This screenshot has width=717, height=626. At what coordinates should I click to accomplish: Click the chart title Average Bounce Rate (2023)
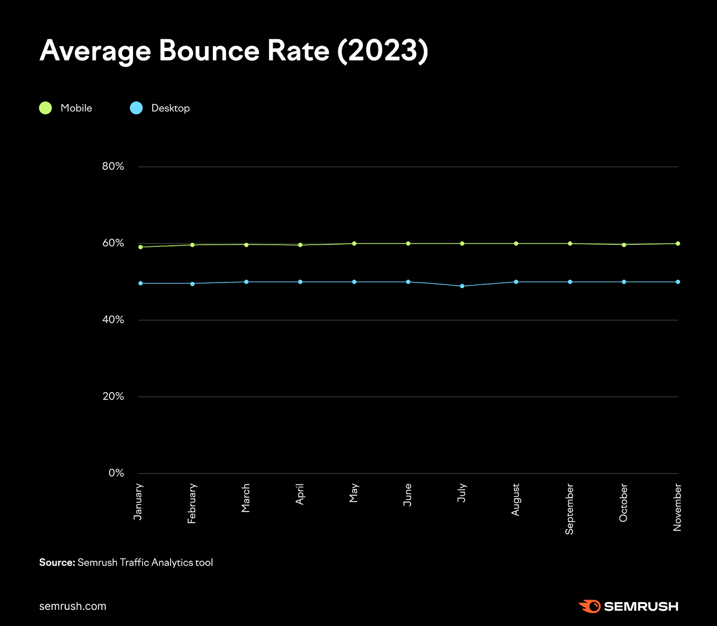tap(233, 51)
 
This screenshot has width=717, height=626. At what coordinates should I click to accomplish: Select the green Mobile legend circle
tap(45, 108)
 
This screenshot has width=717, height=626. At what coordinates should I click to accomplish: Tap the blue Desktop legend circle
tap(136, 108)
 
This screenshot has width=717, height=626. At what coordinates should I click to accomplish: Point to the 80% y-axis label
tap(113, 166)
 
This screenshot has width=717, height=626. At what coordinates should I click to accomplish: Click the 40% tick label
tap(113, 319)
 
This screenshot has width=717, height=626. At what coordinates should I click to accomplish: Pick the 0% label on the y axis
tap(116, 473)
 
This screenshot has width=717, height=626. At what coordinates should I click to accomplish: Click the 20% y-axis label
tap(113, 396)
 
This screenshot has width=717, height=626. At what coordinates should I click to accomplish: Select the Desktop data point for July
tap(462, 286)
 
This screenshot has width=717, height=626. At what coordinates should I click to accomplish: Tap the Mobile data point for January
tap(141, 247)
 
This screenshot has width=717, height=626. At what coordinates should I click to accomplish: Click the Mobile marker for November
tap(678, 243)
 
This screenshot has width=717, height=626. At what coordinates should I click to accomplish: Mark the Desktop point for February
tap(192, 284)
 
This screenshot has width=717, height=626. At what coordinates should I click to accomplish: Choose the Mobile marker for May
tap(354, 243)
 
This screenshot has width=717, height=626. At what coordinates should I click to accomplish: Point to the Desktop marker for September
tap(570, 282)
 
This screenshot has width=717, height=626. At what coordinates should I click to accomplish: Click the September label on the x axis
tap(569, 509)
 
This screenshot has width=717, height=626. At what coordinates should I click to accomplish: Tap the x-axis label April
tap(300, 494)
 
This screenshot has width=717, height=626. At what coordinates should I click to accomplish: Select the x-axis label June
tap(407, 495)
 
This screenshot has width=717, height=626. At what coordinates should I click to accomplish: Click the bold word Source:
tap(57, 562)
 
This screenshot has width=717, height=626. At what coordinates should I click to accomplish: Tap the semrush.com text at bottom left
tap(73, 606)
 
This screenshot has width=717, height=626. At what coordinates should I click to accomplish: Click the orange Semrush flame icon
tap(590, 606)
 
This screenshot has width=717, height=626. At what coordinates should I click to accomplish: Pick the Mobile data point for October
tap(624, 245)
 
